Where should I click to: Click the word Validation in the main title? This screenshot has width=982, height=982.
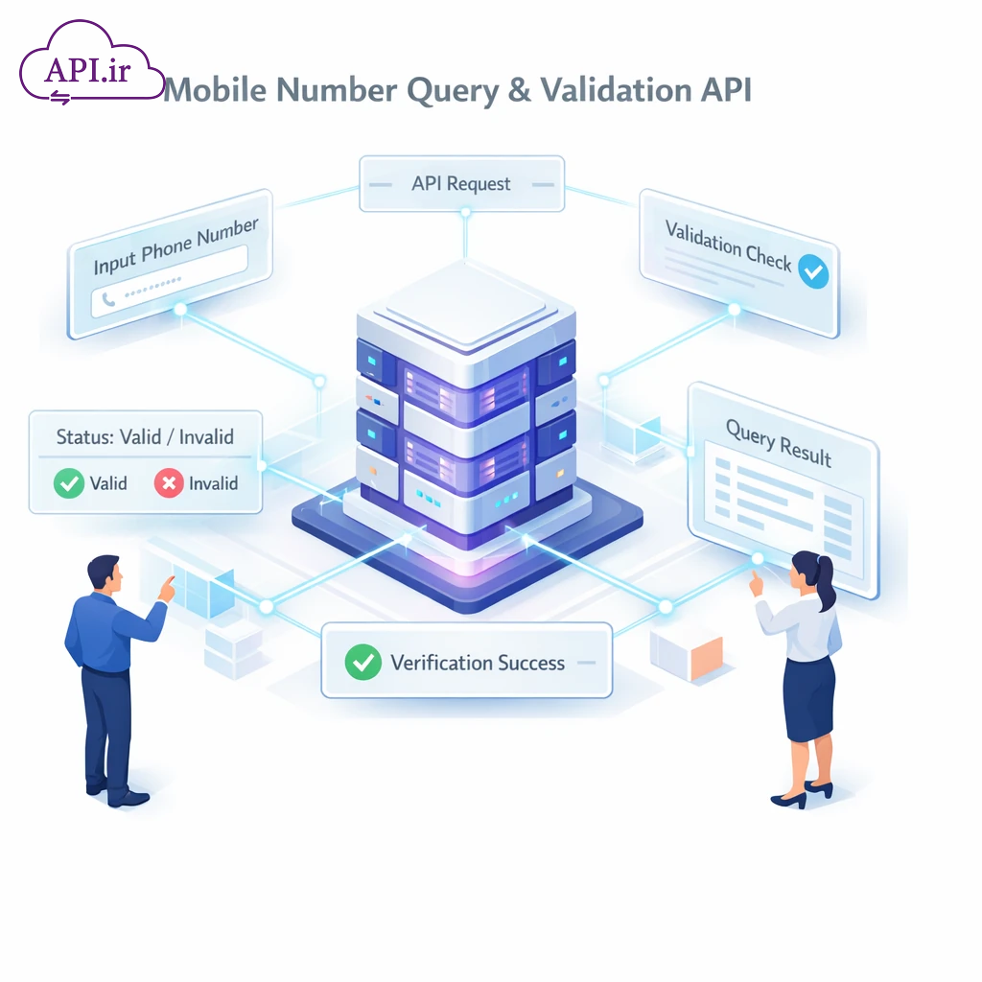[x=615, y=90]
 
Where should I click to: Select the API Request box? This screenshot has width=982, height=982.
[x=461, y=184]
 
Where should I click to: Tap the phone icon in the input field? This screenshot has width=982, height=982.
[x=108, y=300]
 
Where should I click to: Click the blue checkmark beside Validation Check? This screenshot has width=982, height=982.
[x=813, y=271]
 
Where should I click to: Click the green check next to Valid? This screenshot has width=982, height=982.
[x=69, y=483]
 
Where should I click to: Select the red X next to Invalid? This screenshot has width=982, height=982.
[x=168, y=483]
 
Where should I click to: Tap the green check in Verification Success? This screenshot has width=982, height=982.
[x=362, y=662]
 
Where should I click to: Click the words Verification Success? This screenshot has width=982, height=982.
[x=478, y=663]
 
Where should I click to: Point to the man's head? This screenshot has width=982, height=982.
[x=104, y=573]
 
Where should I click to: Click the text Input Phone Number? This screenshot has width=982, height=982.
[x=175, y=246]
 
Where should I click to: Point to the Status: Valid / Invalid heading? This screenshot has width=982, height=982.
[x=145, y=437]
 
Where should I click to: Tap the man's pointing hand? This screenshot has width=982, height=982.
[x=167, y=588]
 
